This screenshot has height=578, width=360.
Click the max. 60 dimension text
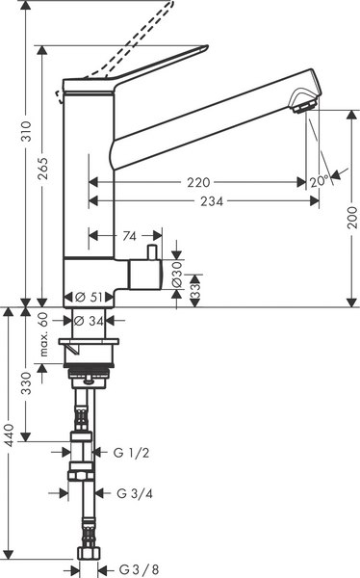coord(44,334)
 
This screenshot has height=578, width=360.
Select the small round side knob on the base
coord(151,252)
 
